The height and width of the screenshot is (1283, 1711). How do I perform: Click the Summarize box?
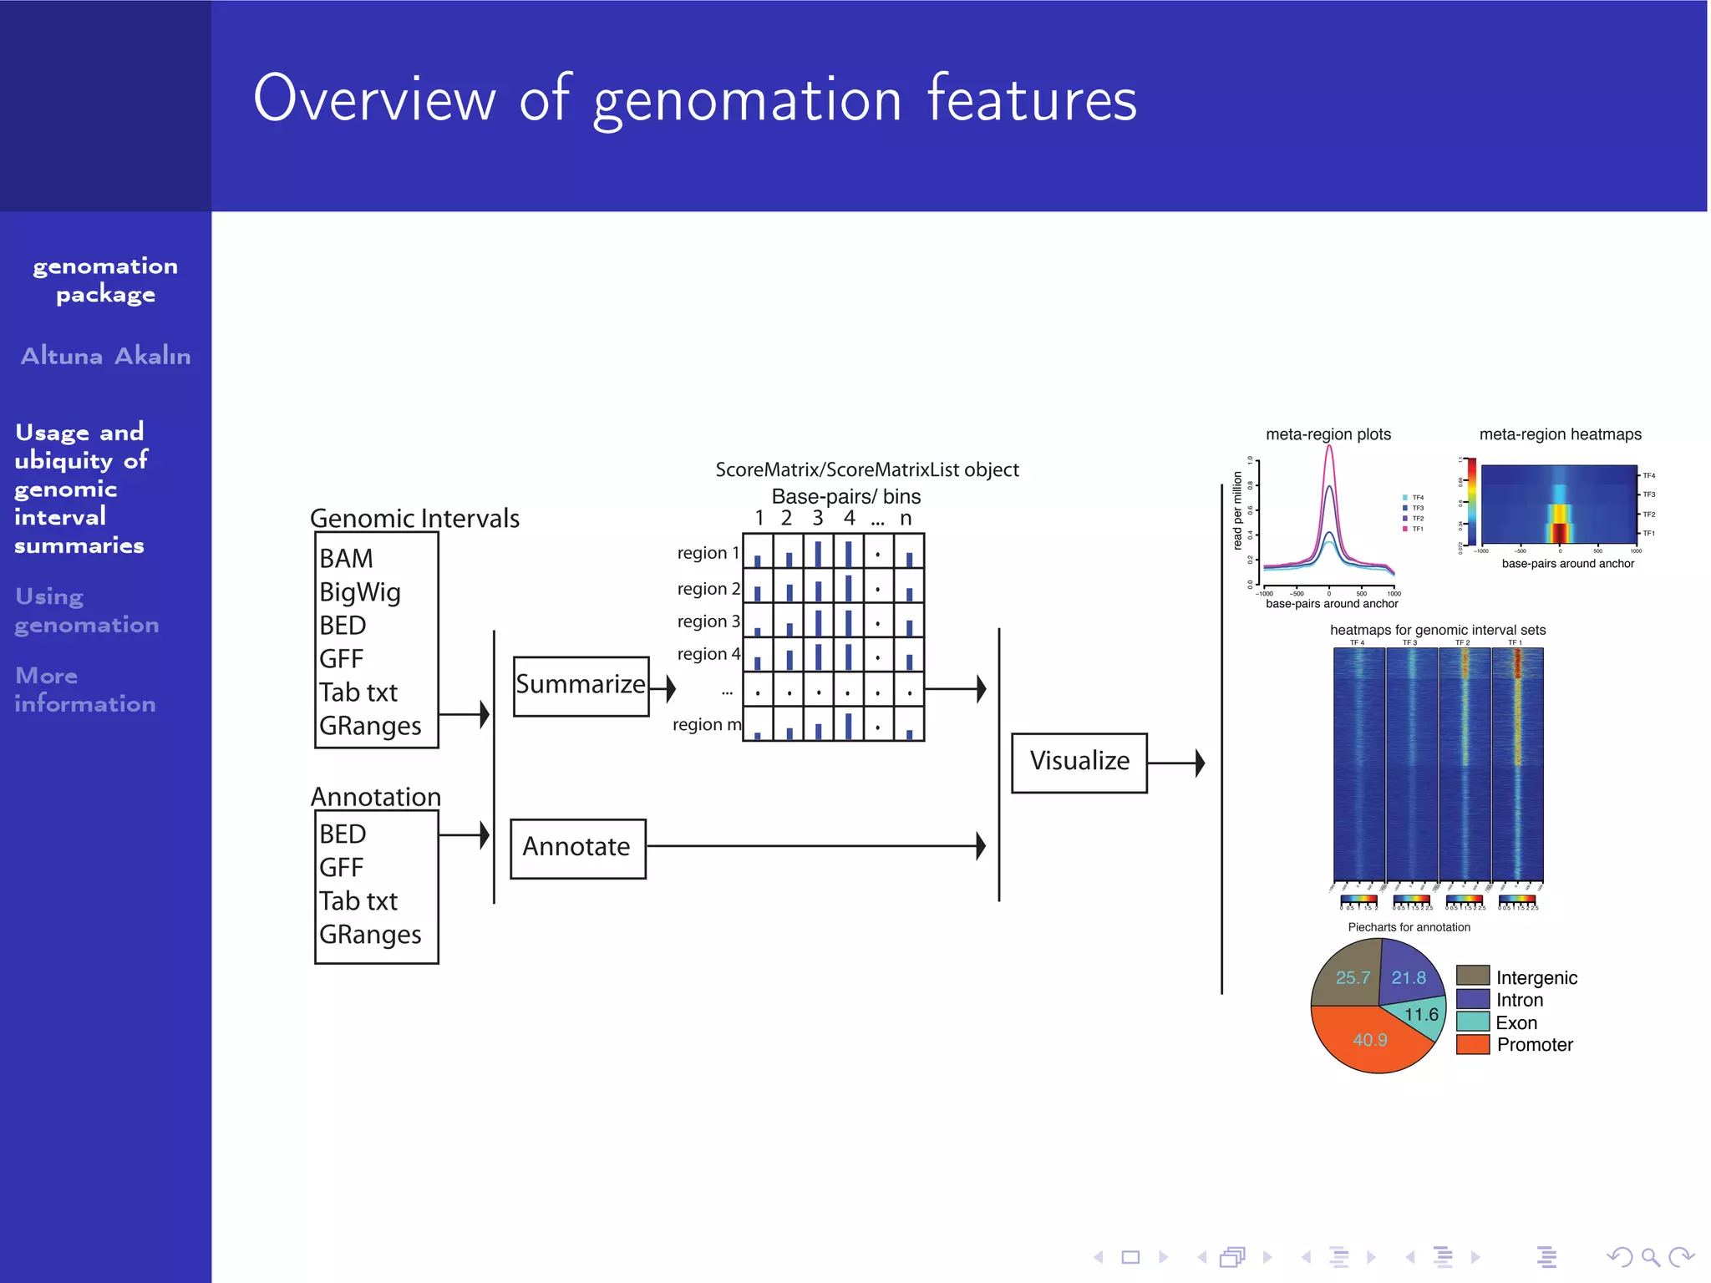581,686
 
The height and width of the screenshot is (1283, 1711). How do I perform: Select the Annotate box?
577,848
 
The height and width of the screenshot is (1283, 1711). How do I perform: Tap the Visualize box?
1079,762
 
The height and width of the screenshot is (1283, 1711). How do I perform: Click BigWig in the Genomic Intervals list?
360,592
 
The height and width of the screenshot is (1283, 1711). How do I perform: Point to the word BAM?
346,558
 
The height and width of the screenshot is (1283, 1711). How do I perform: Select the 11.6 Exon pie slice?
1421,1014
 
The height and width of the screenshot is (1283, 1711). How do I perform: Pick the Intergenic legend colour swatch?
1472,976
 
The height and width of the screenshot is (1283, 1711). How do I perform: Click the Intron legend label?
1519,1000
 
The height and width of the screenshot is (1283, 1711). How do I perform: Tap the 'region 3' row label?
708,621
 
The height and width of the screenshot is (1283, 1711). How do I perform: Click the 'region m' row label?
706,724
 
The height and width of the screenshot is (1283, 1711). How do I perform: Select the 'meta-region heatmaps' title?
1560,434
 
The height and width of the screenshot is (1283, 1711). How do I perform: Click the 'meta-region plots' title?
1328,434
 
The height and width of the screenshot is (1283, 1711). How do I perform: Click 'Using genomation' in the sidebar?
86,611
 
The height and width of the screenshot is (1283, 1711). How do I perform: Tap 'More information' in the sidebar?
84,689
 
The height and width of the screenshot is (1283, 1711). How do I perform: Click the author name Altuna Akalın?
106,356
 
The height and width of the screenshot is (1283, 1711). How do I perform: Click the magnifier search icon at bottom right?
1649,1256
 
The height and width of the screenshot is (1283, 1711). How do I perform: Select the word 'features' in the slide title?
1032,99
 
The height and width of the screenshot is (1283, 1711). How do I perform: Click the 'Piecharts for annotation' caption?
1409,927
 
